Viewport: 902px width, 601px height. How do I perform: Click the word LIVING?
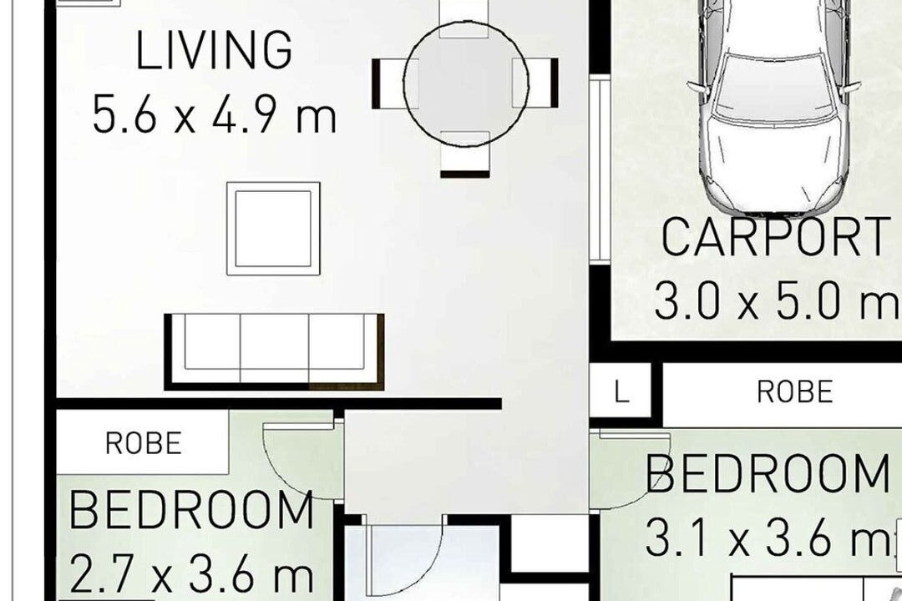coord(214,50)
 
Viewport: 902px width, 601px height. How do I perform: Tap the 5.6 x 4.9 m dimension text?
coord(214,114)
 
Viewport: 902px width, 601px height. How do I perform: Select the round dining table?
coord(465,84)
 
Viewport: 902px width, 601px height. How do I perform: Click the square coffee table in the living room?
coord(273,229)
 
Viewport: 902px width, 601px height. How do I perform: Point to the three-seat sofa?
coord(275,351)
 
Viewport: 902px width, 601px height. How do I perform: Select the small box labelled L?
coord(620,392)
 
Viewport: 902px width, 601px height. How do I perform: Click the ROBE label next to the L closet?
coord(794,391)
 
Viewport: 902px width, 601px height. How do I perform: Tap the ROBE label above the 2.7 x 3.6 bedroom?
coord(144,443)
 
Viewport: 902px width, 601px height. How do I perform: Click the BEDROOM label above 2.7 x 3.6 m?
coord(191,511)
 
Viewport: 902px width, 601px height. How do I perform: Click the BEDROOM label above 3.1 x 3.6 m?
coord(767,474)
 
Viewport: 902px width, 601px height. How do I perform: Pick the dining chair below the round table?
coord(465,154)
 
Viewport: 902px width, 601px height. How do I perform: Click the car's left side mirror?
coord(696,87)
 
